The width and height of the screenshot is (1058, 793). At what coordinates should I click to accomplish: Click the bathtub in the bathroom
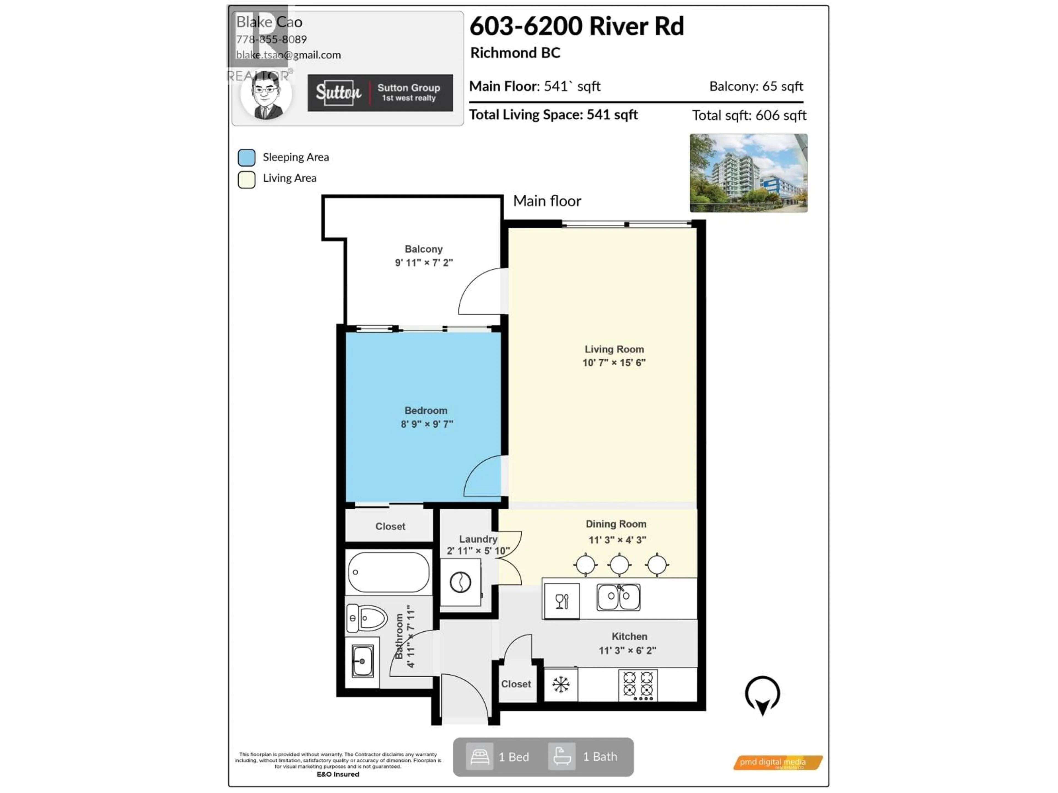(388, 572)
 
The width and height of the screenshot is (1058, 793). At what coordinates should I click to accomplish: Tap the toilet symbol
(367, 618)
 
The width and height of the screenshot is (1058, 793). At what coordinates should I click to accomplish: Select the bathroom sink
(362, 661)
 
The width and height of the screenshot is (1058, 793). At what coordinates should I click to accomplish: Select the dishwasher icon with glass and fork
(562, 601)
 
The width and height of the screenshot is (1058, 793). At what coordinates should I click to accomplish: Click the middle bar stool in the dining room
(619, 564)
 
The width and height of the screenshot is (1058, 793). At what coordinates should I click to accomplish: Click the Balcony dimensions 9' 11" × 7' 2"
(424, 262)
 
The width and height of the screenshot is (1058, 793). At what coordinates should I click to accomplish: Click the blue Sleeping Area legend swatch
(246, 157)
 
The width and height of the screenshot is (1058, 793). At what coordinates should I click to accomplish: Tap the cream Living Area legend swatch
(246, 180)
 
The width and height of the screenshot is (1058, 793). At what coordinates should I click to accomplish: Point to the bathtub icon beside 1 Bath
(562, 756)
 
